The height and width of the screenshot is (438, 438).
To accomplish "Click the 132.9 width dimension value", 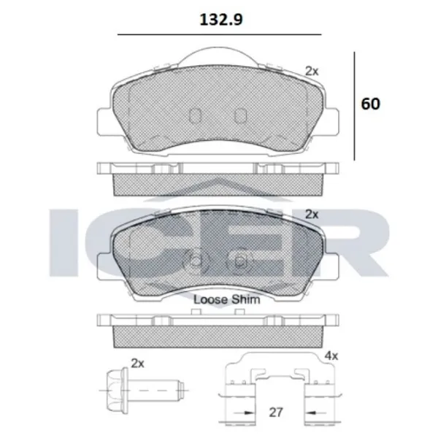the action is pyautogui.click(x=221, y=20).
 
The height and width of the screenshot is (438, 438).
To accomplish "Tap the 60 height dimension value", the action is pyautogui.click(x=370, y=104).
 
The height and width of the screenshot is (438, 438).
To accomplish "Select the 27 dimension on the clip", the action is pyautogui.click(x=276, y=412).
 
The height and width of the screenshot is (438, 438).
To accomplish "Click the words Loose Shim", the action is pyautogui.click(x=226, y=300).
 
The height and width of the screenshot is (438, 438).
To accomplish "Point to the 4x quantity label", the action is pyautogui.click(x=331, y=356).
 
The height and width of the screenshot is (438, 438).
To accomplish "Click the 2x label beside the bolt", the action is pyautogui.click(x=137, y=364).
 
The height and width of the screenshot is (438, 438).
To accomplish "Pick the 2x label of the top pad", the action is pyautogui.click(x=312, y=72).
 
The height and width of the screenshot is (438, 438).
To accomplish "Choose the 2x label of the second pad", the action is pyautogui.click(x=312, y=214).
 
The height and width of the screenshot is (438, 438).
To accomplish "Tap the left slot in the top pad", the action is pyautogui.click(x=195, y=115).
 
